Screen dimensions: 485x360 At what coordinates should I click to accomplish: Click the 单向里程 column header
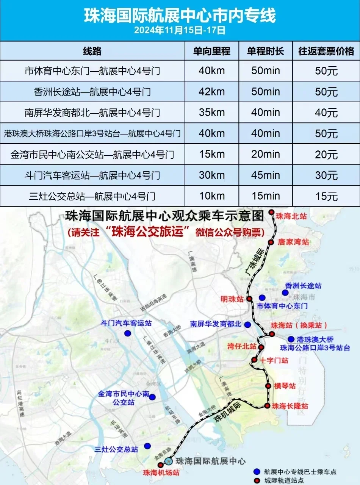[x=212, y=51]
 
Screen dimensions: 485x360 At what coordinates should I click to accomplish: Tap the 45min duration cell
[x=266, y=175]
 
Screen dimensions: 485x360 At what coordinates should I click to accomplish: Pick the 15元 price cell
[x=326, y=196]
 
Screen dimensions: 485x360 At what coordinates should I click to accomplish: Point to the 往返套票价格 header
[x=326, y=51]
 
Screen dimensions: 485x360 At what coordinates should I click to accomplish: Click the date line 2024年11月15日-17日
[x=180, y=30]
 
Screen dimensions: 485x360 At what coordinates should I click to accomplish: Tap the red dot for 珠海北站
[x=271, y=212]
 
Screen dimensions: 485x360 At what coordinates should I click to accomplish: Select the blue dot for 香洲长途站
[x=285, y=293]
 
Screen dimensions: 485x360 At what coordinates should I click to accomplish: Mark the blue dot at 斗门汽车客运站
[x=128, y=333]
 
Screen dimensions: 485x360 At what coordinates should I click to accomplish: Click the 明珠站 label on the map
[x=232, y=299]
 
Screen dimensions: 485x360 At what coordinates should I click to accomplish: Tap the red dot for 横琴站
[x=268, y=386]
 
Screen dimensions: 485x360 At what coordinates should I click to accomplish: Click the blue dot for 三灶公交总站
[x=147, y=446]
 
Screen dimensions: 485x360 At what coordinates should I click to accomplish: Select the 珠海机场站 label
[x=161, y=473]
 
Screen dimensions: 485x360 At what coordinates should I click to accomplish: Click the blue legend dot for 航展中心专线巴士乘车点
[x=257, y=472]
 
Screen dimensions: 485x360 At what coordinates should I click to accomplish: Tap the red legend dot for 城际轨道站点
[x=257, y=480]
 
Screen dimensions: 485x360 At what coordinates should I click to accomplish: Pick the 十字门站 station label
[x=274, y=360]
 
